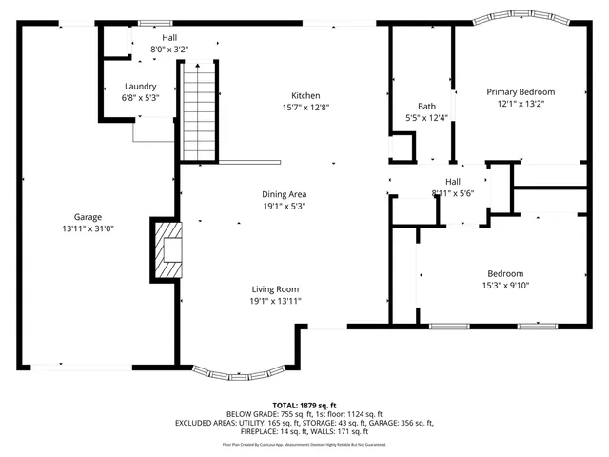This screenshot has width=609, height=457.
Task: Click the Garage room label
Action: (88, 217)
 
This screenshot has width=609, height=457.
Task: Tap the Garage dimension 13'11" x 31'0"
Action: (88, 229)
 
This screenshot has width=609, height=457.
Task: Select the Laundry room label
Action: (140, 86)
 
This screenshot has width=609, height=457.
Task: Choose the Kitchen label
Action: (304, 95)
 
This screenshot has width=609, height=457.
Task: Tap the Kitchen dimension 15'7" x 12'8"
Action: (304, 108)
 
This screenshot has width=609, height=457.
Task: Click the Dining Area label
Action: (285, 194)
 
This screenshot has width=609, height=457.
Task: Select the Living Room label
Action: (275, 289)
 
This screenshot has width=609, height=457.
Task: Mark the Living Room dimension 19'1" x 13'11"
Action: (275, 302)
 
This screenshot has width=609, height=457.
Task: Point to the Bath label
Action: (426, 106)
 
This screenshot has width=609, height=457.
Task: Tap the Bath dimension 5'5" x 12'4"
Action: (426, 118)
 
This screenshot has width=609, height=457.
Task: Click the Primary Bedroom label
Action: (521, 92)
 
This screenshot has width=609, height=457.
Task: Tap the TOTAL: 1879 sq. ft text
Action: (304, 405)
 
